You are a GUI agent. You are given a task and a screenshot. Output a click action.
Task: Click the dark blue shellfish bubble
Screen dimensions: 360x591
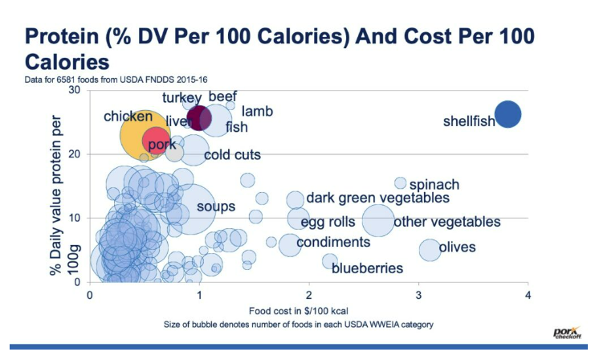click(507, 115)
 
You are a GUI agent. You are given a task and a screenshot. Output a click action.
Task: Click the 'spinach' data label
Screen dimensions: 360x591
click(434, 184)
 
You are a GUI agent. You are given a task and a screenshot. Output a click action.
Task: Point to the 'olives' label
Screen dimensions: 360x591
click(458, 247)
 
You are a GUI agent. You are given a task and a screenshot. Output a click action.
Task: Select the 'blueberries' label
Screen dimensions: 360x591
click(369, 268)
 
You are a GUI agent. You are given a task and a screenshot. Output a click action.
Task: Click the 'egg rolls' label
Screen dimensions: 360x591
click(328, 222)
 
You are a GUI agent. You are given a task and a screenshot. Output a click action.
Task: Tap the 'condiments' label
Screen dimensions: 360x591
click(333, 242)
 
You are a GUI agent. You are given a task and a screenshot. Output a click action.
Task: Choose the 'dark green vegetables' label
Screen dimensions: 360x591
click(378, 198)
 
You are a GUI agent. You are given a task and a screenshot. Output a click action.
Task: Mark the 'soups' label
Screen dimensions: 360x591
click(216, 207)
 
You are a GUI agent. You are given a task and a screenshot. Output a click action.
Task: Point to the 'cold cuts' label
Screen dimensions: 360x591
click(232, 155)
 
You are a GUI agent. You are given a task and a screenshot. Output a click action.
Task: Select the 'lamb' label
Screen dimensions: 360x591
click(258, 112)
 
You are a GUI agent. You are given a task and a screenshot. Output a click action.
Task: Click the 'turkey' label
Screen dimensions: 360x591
click(181, 98)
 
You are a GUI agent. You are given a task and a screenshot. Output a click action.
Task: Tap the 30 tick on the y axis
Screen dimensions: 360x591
click(75, 90)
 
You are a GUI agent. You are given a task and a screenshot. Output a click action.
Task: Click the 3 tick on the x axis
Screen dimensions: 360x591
click(418, 296)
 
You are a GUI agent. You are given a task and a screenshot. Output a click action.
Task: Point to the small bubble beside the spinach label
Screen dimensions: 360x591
click(401, 183)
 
